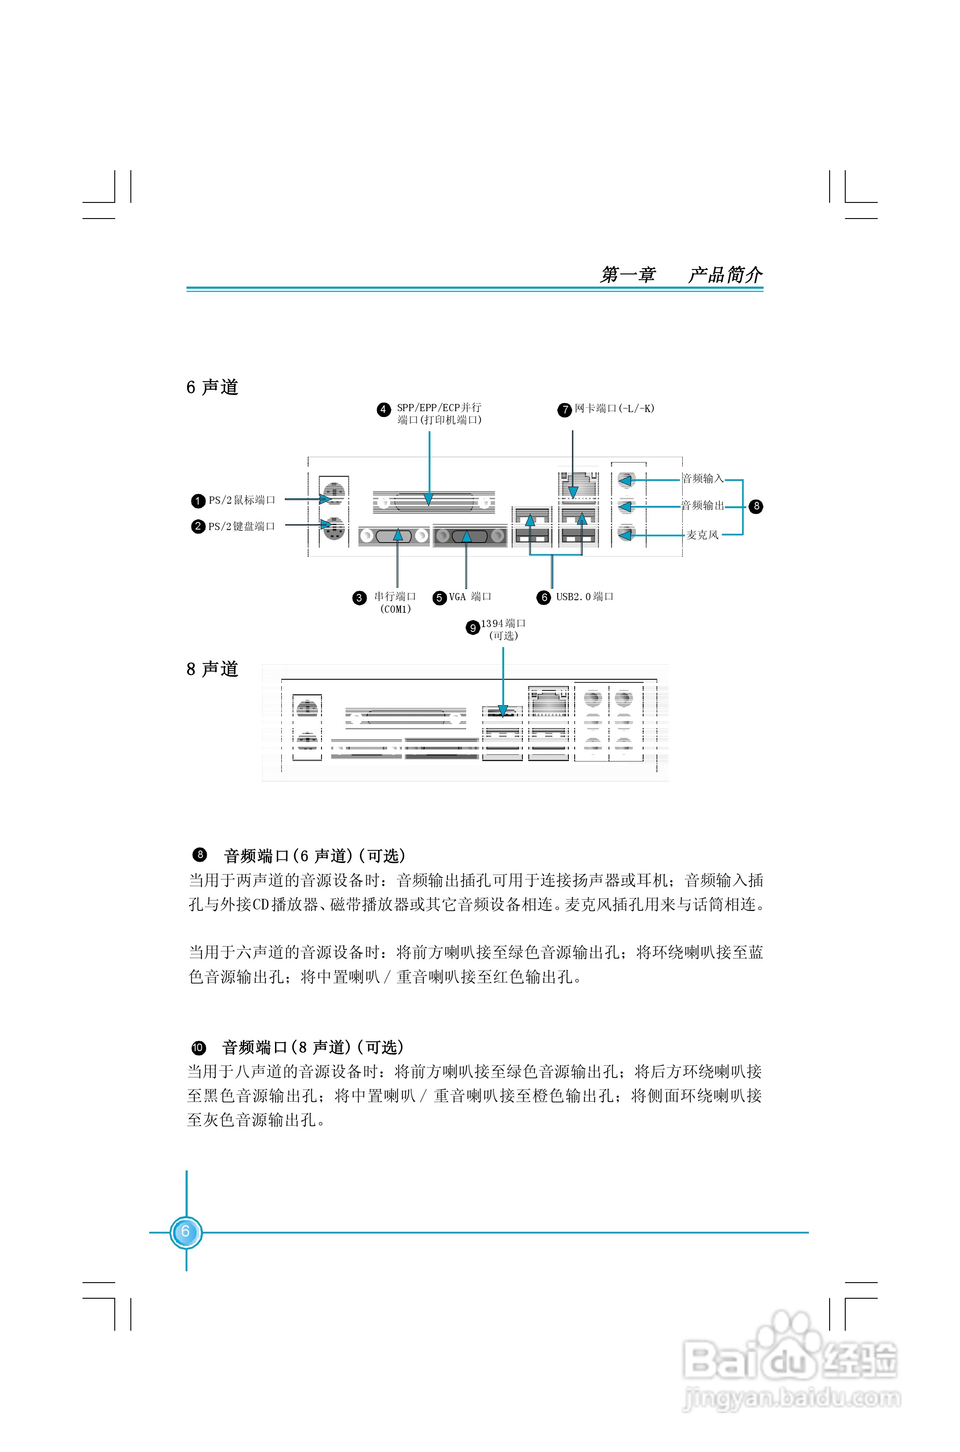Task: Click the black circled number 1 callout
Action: (198, 501)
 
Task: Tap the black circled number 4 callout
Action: (383, 409)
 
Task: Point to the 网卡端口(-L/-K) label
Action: (614, 408)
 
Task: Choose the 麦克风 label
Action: (702, 535)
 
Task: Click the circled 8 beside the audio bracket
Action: (757, 506)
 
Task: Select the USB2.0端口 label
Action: (584, 597)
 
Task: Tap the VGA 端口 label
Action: (470, 597)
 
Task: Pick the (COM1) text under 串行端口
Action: (396, 609)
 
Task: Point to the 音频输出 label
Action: (703, 505)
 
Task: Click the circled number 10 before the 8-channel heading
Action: (198, 1047)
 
